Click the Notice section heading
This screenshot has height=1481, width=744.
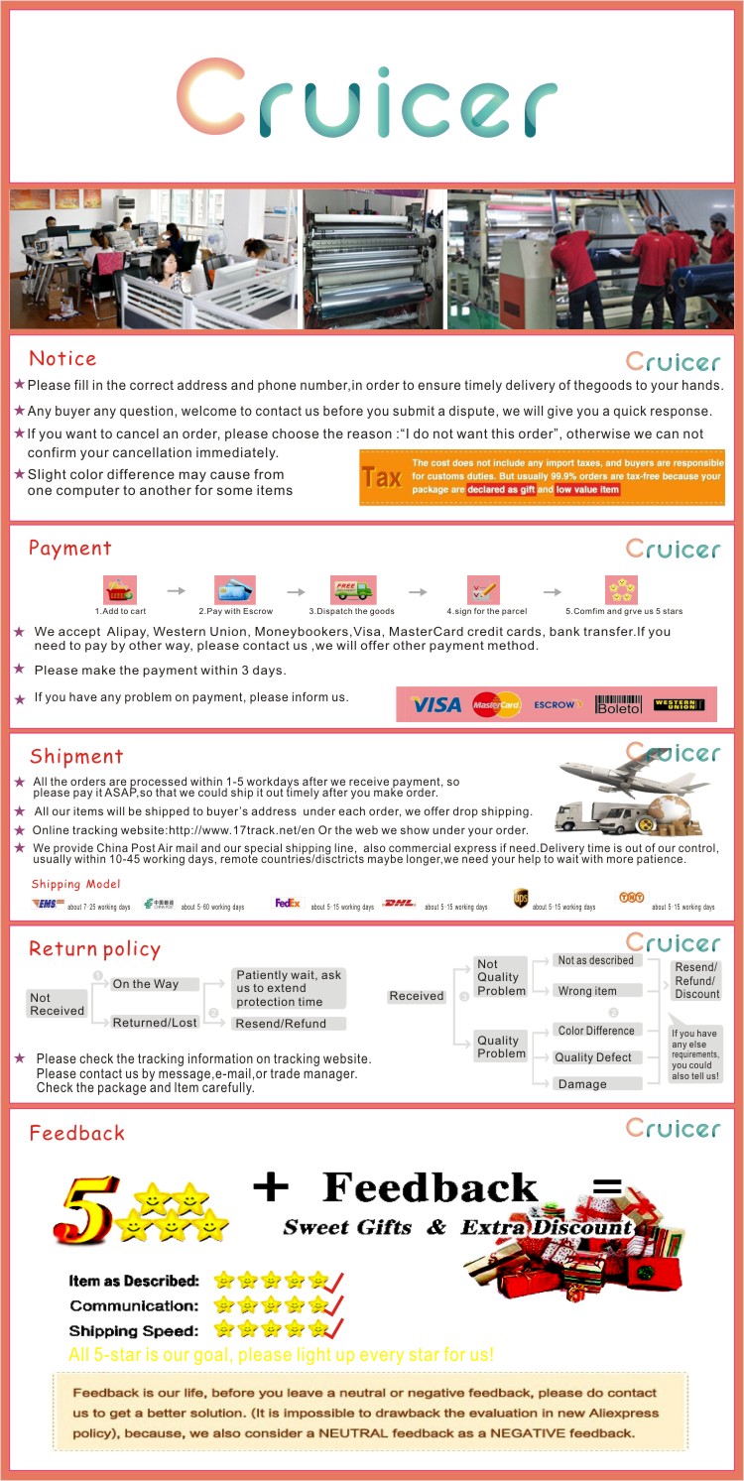(x=62, y=359)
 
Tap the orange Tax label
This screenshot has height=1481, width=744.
(x=381, y=477)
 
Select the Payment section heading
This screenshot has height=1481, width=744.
(x=69, y=549)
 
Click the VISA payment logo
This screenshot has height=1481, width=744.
(x=436, y=704)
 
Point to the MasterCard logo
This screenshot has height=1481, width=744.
(x=496, y=704)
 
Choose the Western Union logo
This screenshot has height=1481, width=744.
(x=679, y=704)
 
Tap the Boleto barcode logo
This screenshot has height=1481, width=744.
(x=618, y=704)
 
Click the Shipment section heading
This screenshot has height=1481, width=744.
(x=76, y=757)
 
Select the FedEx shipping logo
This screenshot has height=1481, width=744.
(x=288, y=904)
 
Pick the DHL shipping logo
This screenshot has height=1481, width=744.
(x=399, y=904)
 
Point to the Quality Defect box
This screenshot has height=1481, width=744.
(x=593, y=1057)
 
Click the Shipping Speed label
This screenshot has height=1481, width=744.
(x=134, y=1330)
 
